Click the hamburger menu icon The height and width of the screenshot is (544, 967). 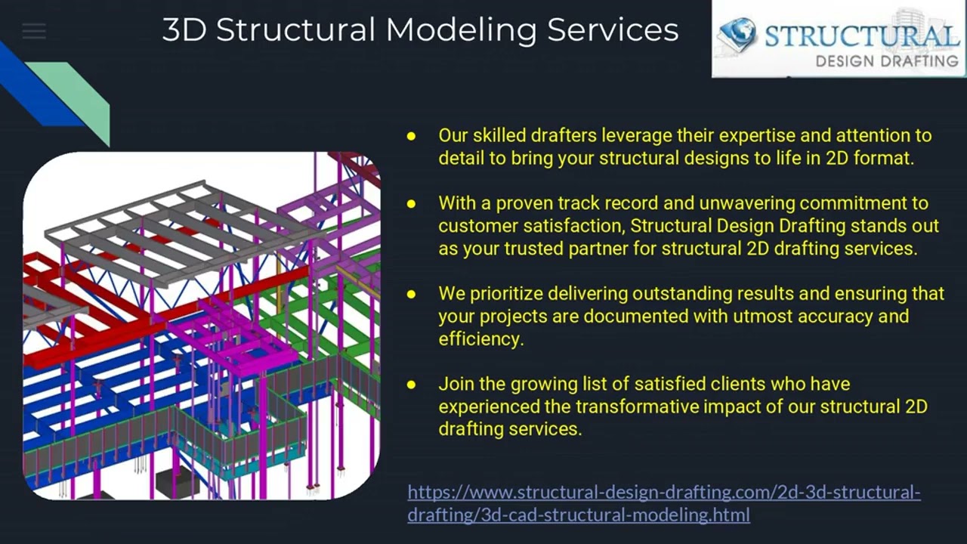coord(34,32)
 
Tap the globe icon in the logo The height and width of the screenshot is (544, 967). coord(737,35)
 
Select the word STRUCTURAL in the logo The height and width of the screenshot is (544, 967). coord(860,36)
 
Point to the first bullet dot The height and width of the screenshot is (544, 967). coord(412,136)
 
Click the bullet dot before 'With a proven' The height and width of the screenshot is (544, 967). coord(412,203)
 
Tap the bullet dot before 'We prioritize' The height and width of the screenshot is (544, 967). coord(412,293)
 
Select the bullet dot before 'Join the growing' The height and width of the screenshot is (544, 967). coord(412,384)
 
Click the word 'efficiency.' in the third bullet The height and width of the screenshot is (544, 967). coord(480,338)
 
